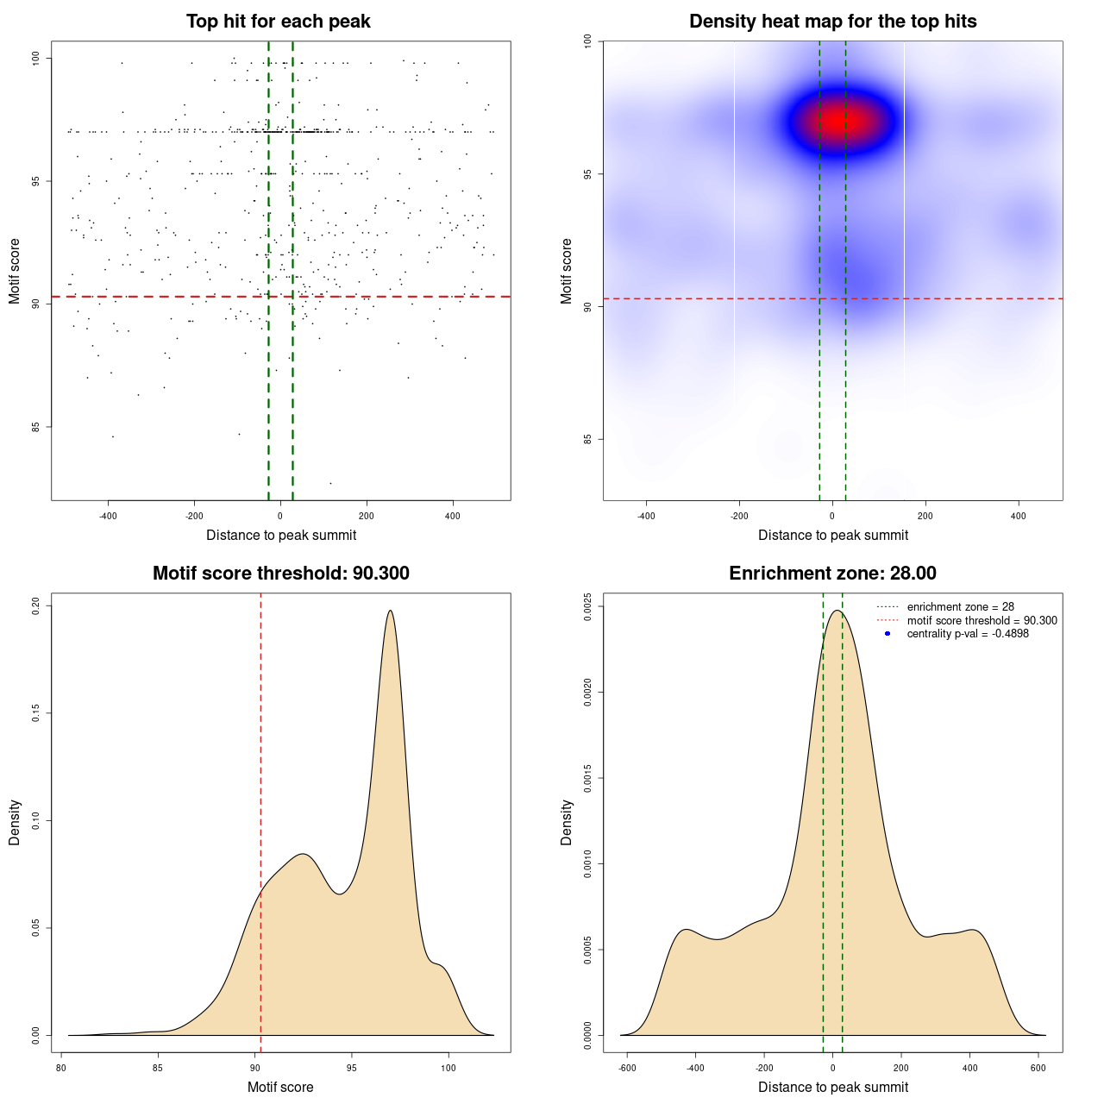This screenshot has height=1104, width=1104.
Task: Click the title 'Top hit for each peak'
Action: point(278,22)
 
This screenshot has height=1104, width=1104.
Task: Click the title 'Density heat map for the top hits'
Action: point(832,22)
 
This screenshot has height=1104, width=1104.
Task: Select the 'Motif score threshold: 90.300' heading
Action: point(280,574)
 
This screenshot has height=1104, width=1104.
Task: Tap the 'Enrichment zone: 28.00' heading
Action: point(832,574)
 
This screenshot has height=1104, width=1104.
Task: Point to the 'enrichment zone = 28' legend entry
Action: point(960,607)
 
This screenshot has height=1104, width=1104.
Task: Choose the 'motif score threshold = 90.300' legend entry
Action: point(982,620)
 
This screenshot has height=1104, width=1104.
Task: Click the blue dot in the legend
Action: point(888,634)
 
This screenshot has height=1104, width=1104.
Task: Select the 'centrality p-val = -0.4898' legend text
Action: point(968,634)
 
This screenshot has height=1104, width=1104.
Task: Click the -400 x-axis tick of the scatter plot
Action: point(108,516)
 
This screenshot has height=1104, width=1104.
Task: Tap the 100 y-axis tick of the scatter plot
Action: point(36,58)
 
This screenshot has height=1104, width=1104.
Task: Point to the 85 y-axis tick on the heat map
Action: point(588,439)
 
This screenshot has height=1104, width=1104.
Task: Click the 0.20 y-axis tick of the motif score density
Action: point(36,605)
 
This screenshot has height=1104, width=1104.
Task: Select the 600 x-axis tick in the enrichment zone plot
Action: point(1038,1068)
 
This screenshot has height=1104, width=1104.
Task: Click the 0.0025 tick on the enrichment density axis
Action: point(588,606)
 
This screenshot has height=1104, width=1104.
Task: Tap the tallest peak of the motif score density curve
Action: point(391,611)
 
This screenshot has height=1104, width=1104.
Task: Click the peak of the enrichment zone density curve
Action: point(836,611)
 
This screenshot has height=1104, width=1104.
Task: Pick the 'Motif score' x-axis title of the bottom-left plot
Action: point(280,1087)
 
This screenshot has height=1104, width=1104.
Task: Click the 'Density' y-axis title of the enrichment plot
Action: point(567,822)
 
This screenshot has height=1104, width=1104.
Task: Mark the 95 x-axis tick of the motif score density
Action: point(351,1068)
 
